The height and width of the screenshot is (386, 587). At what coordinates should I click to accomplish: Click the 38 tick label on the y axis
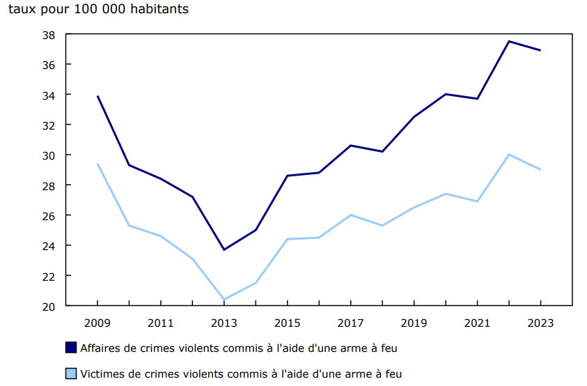[48, 34]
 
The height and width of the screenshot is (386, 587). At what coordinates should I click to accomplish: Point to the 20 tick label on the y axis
[48, 306]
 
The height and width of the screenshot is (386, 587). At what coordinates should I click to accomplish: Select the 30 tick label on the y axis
[48, 155]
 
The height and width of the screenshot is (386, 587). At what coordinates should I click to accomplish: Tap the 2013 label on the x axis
[224, 323]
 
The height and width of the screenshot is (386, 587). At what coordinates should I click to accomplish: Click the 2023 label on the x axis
[540, 323]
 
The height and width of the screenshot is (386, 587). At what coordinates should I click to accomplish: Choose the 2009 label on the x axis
[97, 323]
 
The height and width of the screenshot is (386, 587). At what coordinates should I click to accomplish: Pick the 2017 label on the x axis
[351, 323]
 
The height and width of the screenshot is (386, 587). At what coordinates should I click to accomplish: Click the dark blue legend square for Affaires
[71, 347]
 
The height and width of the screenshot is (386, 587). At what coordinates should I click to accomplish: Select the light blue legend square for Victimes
[71, 374]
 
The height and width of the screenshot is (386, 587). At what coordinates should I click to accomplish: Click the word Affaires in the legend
[100, 347]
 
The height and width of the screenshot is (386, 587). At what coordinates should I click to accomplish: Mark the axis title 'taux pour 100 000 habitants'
[98, 10]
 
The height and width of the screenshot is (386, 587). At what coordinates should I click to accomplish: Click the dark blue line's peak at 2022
[509, 41]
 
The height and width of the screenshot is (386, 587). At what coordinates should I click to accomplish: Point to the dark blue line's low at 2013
[224, 249]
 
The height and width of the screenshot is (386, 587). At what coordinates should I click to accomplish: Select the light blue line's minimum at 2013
[224, 300]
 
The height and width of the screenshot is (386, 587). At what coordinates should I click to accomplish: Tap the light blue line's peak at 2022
[509, 155]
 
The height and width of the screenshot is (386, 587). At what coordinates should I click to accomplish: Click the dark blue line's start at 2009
[97, 96]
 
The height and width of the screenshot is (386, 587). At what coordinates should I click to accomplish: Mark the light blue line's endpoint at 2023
[540, 169]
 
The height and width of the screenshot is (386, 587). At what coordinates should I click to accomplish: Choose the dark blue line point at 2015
[288, 176]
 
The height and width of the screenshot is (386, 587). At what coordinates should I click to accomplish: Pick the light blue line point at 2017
[351, 215]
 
